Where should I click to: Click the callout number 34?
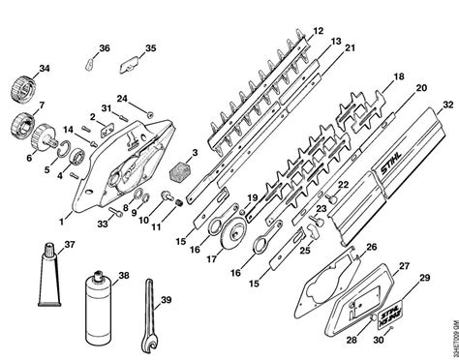coord(42,68)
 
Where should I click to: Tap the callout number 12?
coord(319,33)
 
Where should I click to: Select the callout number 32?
coord(446,105)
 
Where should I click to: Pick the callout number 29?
coord(424,279)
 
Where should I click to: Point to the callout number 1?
coord(63,205)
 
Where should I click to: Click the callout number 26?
coord(370,248)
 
